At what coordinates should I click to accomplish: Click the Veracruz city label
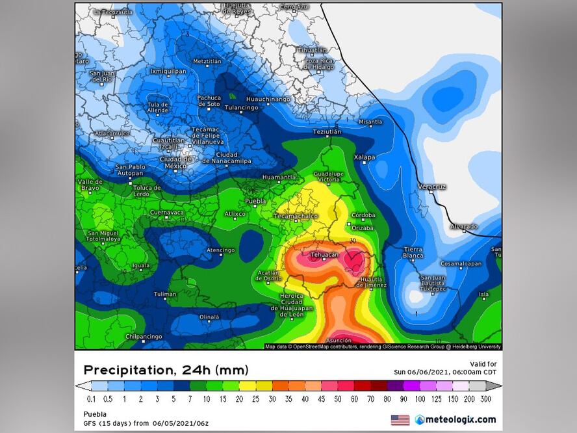click(432, 187)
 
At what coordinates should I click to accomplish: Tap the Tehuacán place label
click(324, 255)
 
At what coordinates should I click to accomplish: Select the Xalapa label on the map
click(365, 157)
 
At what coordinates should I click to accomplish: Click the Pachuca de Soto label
click(209, 101)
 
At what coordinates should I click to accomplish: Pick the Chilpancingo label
click(143, 336)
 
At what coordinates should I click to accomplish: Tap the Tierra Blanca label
click(413, 252)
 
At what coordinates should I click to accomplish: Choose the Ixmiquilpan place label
click(168, 71)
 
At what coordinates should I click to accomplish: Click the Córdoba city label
click(363, 215)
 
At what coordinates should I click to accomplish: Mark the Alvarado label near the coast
click(464, 227)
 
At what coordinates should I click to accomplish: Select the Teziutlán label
click(327, 131)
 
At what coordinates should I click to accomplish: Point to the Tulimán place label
click(165, 294)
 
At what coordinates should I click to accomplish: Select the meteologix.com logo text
click(460, 419)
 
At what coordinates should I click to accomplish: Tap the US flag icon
click(400, 419)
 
